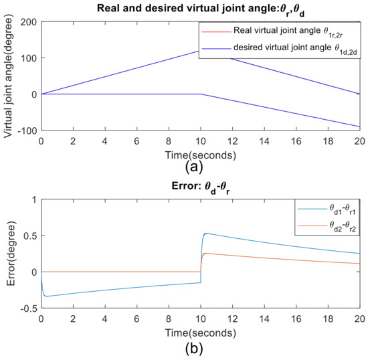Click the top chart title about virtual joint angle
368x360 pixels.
(201, 10)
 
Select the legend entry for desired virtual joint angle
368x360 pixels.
(279, 49)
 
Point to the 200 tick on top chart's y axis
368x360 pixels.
(29, 22)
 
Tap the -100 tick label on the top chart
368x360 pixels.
(27, 130)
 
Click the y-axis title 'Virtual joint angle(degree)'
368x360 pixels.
(8, 76)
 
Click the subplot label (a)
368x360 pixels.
(194, 167)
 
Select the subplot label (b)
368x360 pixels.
(194, 349)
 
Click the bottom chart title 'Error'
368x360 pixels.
(201, 187)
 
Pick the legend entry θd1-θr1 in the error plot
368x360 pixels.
(327, 209)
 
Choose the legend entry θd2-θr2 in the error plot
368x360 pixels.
(327, 226)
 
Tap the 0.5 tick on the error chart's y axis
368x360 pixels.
(30, 236)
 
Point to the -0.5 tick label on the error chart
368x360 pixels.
(29, 308)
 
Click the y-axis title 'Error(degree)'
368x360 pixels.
(11, 254)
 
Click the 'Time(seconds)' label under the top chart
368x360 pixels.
(201, 155)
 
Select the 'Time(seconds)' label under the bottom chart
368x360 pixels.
(201, 333)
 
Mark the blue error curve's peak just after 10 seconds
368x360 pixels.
(206, 234)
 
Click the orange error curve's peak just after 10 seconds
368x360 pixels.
(206, 254)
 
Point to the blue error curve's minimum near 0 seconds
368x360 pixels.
(46, 296)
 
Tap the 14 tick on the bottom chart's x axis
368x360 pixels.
(264, 319)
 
